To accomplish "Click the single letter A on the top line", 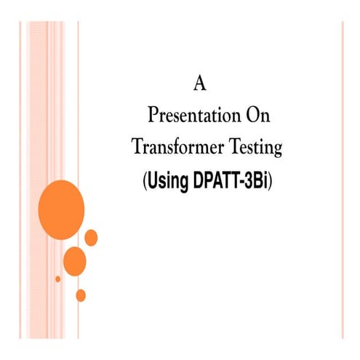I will [201, 84].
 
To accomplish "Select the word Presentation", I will [183, 116].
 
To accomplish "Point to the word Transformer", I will [175, 147].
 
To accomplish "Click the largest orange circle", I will [61, 209].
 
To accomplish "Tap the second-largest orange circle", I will [75, 260].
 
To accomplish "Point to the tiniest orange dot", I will [57, 279].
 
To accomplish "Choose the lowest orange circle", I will [81, 295].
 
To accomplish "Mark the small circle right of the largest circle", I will [92, 237].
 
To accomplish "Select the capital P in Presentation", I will [151, 116].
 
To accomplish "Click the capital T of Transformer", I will [136, 147].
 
